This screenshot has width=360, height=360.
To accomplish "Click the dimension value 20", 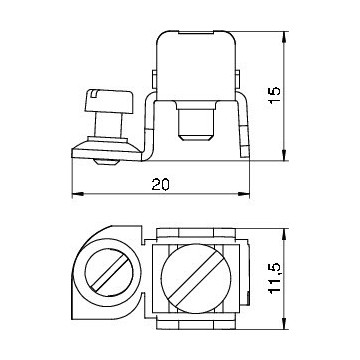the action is (x=161, y=184).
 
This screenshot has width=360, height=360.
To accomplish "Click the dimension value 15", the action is (x=275, y=95).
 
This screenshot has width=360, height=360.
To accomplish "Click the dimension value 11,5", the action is (x=275, y=277).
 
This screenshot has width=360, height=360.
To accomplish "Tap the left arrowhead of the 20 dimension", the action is (x=77, y=193).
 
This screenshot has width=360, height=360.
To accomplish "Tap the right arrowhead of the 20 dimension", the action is (x=244, y=193).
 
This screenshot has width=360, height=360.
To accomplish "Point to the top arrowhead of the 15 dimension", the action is (x=284, y=37).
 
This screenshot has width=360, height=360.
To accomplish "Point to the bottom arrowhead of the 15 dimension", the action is (x=284, y=155).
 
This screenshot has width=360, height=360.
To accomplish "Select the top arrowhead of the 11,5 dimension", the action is (x=284, y=234).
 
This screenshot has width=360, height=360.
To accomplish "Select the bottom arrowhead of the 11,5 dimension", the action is (x=284, y=324).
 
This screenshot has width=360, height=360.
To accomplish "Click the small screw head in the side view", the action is (x=109, y=101).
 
